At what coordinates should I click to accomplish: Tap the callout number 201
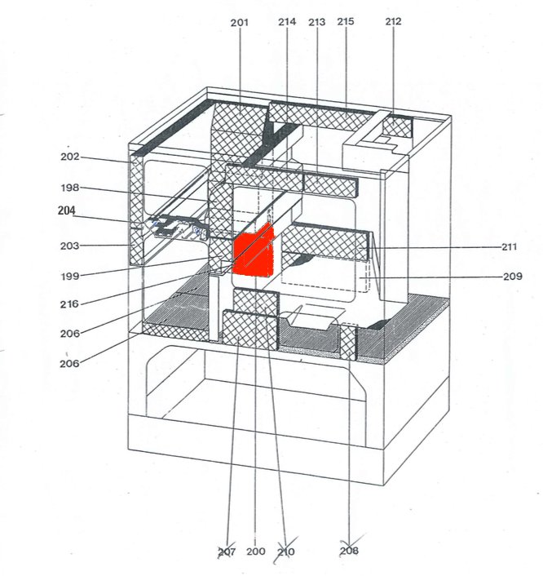click(239, 22)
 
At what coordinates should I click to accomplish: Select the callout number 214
click(287, 22)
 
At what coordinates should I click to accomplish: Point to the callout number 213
click(316, 22)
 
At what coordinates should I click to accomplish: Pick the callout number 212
click(393, 22)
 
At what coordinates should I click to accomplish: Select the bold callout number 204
click(67, 210)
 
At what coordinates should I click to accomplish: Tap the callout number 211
click(512, 246)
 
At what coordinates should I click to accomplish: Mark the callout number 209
click(512, 277)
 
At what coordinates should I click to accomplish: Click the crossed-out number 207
click(227, 552)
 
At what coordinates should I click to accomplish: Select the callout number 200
click(255, 552)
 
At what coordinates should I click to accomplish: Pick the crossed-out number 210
click(285, 552)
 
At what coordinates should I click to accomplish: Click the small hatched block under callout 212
click(398, 126)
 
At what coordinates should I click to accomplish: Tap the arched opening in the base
click(245, 383)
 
